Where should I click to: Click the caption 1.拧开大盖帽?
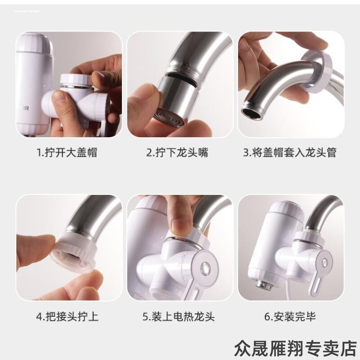(x=67, y=153)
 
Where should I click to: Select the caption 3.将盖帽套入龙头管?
(x=290, y=153)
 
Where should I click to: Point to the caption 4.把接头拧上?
(x=67, y=316)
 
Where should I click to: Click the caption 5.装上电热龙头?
(x=179, y=316)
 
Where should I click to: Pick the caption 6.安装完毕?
(x=290, y=316)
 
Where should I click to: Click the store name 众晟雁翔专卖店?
(x=295, y=347)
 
